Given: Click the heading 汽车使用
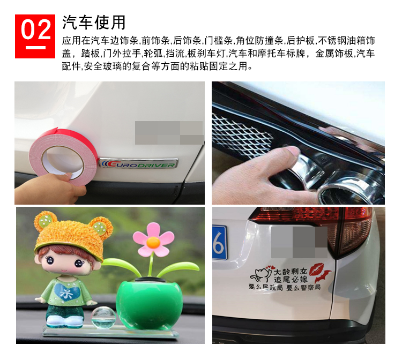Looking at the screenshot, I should coord(94,22).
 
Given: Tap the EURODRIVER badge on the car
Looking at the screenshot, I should coord(138,163).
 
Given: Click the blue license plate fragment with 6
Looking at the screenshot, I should coord(219,243).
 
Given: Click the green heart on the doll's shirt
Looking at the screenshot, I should coord(69,292).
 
